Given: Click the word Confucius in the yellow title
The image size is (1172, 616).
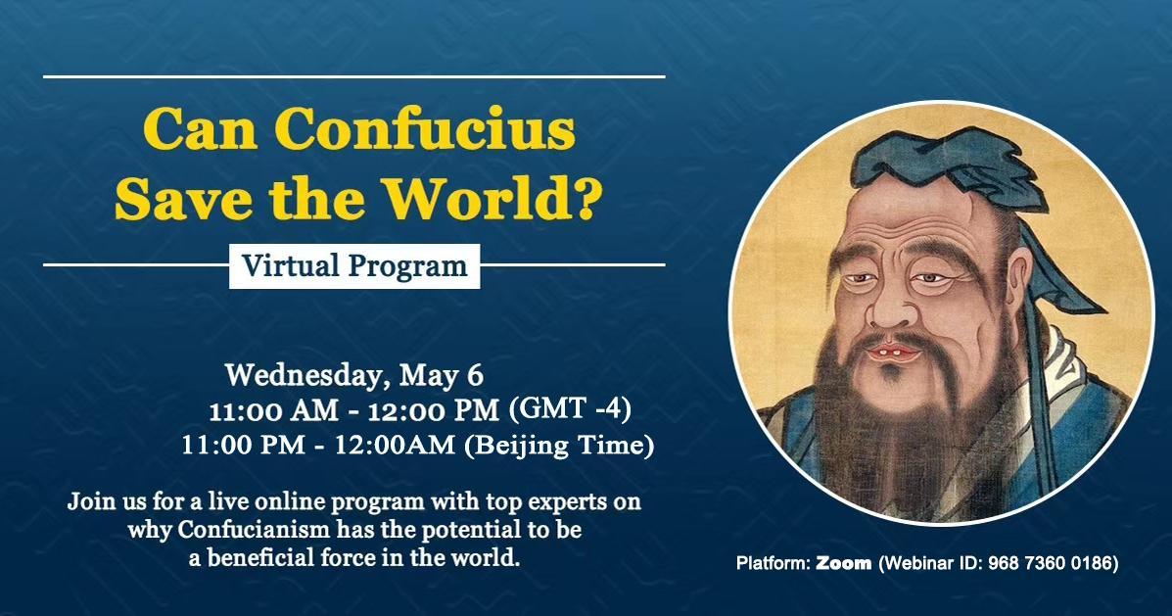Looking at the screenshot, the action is coord(425,128).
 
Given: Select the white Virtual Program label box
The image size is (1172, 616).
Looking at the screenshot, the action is coord(354,266).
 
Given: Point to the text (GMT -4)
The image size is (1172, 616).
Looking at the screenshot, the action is coord(570,408).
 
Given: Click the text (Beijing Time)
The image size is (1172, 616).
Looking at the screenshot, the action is coord(559,446).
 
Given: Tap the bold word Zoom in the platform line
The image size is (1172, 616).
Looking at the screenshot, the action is coord(843,563).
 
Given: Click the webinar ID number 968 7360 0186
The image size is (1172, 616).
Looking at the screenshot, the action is coord(1051,563).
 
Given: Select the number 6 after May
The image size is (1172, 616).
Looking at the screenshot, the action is coord(475,375).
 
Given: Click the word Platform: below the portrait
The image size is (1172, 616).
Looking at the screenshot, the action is coord(773,563).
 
